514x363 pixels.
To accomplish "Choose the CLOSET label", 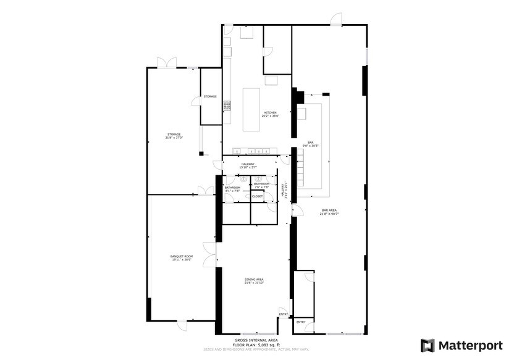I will pyautogui.click(x=257, y=196).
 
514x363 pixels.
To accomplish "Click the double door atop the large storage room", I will pyautogui.click(x=165, y=64).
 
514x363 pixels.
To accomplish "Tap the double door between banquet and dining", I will pyautogui.click(x=213, y=252).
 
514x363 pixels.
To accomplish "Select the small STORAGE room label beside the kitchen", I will pyautogui.click(x=210, y=97).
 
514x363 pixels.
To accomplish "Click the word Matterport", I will pyautogui.click(x=471, y=345).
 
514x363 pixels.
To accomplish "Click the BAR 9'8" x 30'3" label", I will pyautogui.click(x=310, y=144).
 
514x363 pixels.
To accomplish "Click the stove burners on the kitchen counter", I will pyautogui.click(x=227, y=106).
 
